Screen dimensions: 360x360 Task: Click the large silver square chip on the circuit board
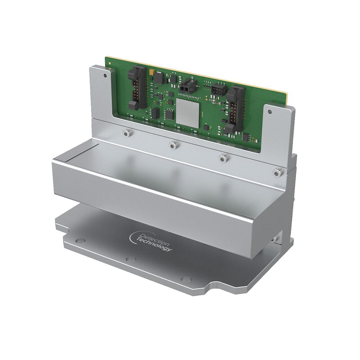[x=187, y=112]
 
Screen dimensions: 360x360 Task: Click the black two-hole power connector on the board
[x=187, y=85]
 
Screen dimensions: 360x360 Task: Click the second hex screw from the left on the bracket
[x=172, y=145]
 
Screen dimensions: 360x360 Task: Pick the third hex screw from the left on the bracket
[x=222, y=158]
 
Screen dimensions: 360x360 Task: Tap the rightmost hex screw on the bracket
[x=277, y=172]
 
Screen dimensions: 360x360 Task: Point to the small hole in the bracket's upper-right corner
[x=270, y=112]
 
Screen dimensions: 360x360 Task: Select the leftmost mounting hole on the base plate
[x=80, y=241]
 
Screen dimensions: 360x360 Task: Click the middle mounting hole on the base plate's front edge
[x=131, y=259]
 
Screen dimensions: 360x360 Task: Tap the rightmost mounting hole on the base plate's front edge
[x=186, y=280]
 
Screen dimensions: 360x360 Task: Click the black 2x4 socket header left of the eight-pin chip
[x=155, y=113]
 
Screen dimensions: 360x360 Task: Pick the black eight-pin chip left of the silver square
[x=169, y=114]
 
